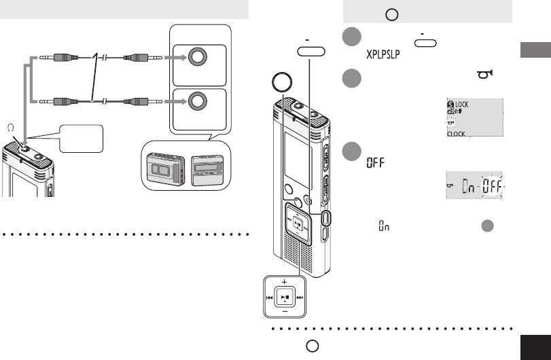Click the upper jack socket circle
tap(197, 58)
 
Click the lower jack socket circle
tap(197, 102)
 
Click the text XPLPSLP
tap(383, 53)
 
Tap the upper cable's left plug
tap(55, 58)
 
